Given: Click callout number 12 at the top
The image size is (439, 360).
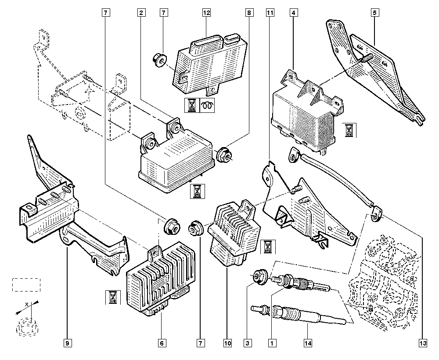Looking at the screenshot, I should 206,13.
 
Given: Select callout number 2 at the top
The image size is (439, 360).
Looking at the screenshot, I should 141,13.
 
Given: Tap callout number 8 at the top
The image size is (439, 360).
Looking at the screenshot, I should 249,13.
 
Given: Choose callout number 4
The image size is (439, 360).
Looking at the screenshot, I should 292,13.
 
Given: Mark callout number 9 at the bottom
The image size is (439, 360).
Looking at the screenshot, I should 67,342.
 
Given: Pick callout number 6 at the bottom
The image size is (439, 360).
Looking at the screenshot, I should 161,342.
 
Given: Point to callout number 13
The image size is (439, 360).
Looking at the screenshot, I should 422,342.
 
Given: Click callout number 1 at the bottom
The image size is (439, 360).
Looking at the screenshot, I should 272,342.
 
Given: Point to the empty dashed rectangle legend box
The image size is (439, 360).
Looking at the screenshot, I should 25,284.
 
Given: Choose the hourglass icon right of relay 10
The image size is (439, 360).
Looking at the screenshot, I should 266,247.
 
